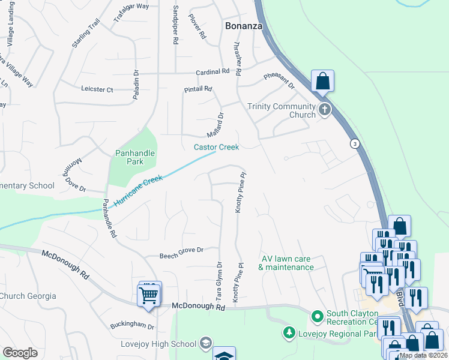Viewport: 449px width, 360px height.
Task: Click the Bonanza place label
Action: click(244, 26)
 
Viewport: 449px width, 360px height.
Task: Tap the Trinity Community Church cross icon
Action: click(325, 110)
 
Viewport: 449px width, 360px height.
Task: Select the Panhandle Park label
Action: click(135, 157)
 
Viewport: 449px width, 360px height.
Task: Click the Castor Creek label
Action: click(216, 147)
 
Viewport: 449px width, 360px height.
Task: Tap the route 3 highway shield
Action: click(355, 144)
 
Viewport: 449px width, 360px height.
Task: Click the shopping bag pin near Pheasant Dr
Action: click(322, 81)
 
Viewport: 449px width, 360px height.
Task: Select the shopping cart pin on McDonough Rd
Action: click(149, 295)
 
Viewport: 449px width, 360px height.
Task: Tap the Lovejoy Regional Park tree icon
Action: click(289, 332)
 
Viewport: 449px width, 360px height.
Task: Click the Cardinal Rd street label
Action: click(213, 71)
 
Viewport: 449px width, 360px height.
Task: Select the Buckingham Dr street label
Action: click(132, 327)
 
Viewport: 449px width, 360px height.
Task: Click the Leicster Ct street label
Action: click(97, 89)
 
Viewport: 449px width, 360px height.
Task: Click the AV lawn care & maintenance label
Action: click(286, 263)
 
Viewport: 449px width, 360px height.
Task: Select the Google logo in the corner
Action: click(20, 352)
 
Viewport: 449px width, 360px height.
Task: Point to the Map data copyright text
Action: click(423, 355)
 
